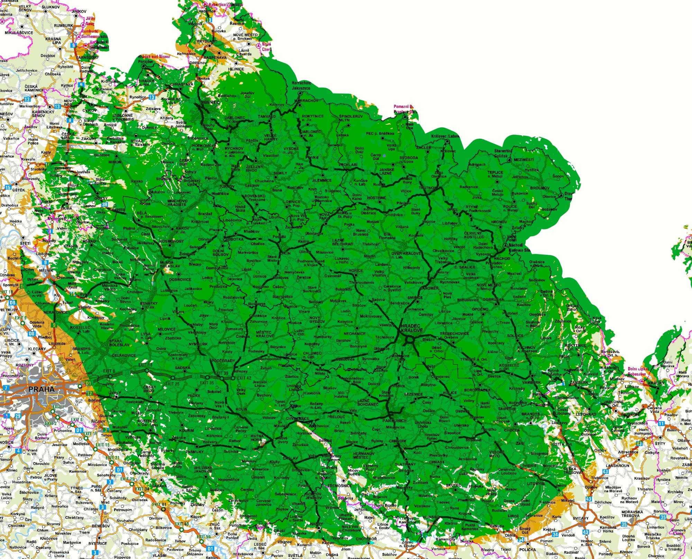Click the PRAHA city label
click(x=42, y=389)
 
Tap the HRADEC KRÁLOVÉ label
click(x=412, y=328)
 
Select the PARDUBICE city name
click(x=394, y=421)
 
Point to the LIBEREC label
click(x=210, y=102)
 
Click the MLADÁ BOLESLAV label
click(x=170, y=264)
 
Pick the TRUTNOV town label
click(x=428, y=188)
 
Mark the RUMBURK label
click(x=64, y=26)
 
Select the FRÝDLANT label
click(x=207, y=41)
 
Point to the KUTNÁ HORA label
click(x=256, y=438)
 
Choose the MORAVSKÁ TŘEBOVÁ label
click(x=632, y=514)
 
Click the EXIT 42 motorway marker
click(x=244, y=378)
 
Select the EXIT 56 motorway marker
click(x=204, y=537)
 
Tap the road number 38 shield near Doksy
click(x=105, y=204)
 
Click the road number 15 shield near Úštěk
click(x=8, y=187)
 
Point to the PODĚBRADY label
click(x=223, y=361)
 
